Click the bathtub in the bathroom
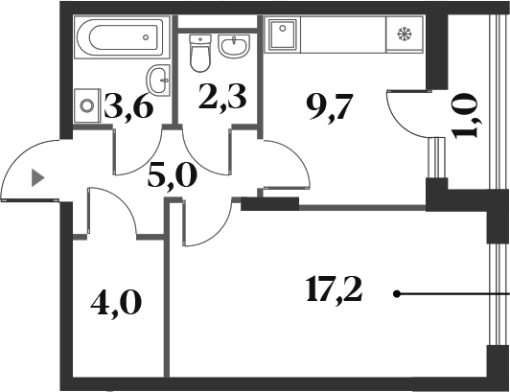[122, 37]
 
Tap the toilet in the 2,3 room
[200, 53]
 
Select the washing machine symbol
[87, 105]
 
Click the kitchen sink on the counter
[282, 35]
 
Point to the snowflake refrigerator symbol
[405, 34]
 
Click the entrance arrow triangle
[37, 178]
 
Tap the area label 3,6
[128, 104]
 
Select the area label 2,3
[222, 96]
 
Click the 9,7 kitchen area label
[329, 108]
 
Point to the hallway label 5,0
[173, 176]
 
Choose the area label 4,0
[116, 303]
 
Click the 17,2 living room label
[334, 289]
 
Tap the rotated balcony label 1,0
[465, 116]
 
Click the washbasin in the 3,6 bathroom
[158, 80]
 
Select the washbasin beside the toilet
[234, 47]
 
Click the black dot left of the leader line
[397, 294]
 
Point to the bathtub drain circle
[146, 37]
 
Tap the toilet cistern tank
[200, 40]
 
